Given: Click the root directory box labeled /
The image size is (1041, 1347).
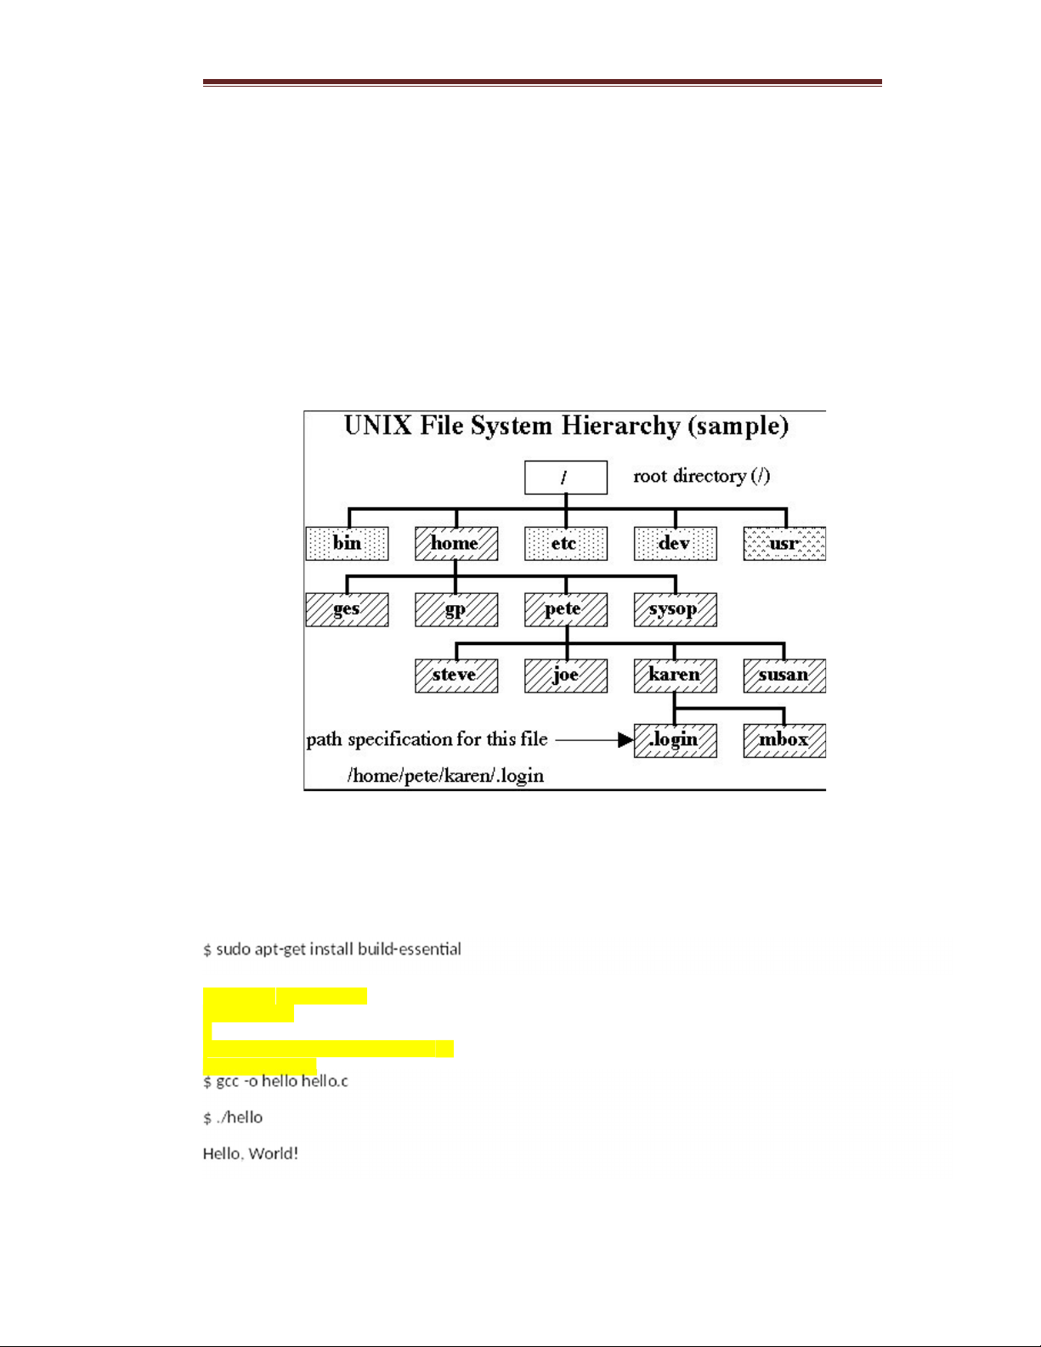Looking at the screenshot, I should (566, 478).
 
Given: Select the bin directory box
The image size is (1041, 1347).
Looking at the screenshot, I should (347, 544).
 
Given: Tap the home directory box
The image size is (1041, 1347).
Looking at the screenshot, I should (456, 544).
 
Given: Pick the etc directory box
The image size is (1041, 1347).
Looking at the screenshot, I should (566, 544).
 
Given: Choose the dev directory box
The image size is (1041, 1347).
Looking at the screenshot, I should (676, 544).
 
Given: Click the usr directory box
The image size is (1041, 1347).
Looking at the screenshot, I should (784, 544).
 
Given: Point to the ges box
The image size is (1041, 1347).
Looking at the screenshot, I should (347, 610).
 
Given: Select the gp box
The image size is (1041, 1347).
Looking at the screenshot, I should (456, 610).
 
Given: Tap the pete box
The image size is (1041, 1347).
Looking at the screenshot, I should (566, 610).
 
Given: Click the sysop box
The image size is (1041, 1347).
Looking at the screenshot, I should (676, 610).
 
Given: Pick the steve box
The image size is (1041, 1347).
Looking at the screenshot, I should (456, 676).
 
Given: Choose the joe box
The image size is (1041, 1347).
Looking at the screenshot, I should (566, 676).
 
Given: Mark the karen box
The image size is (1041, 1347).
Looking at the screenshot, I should (676, 676).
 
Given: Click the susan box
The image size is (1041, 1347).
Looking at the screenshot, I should (784, 676).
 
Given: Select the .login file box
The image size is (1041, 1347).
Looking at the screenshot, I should (676, 740).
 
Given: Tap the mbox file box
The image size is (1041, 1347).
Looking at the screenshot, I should (784, 740).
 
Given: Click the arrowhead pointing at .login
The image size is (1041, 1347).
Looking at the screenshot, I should (626, 740).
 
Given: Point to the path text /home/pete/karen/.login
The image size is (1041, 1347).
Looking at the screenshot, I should (446, 775).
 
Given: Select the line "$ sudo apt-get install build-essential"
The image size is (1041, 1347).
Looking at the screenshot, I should (332, 949).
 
